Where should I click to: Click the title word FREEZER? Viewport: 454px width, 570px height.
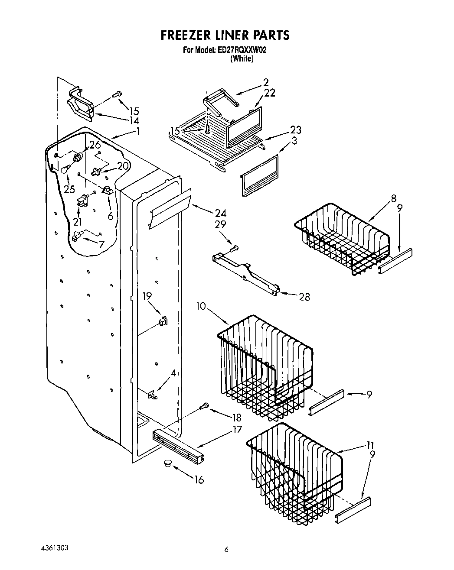187,35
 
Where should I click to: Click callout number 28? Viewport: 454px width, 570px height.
304,297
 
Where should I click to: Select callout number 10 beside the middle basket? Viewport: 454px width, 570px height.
200,306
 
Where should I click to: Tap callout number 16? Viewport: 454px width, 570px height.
198,479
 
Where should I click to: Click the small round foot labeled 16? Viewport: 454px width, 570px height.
167,464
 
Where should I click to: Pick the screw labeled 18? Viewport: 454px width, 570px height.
203,406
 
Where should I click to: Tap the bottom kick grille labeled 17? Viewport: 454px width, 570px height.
178,444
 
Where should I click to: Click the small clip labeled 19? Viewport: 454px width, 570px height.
163,321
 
